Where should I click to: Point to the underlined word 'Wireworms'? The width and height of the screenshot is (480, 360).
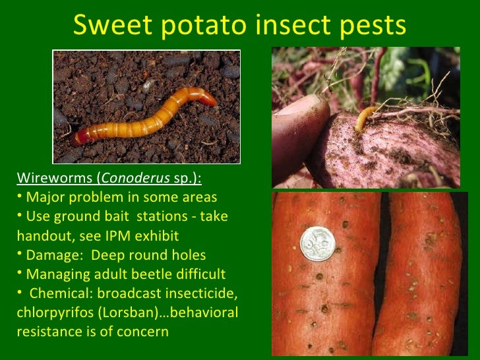click(55, 178)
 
